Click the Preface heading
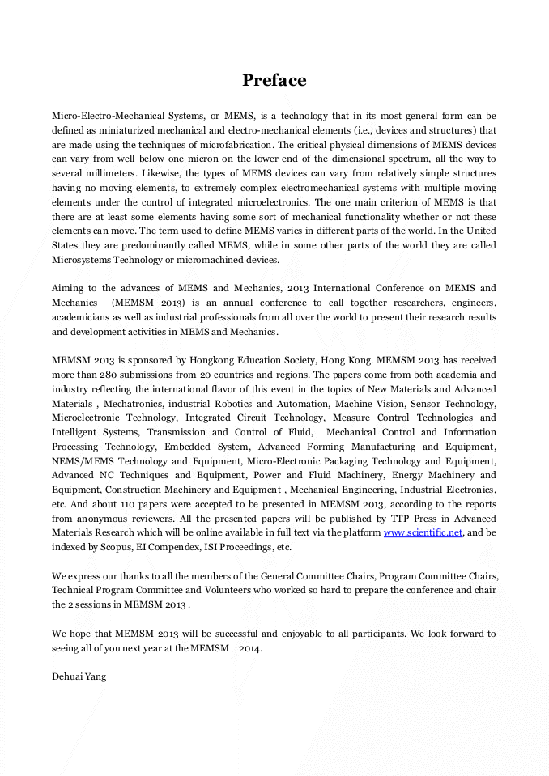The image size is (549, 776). click(274, 80)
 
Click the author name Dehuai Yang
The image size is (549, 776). click(79, 676)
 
